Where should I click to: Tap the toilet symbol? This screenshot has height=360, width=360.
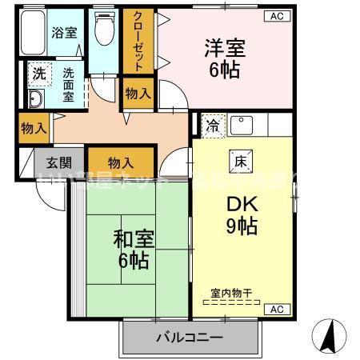point(103,31)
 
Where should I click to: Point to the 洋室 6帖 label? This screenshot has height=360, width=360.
point(224,56)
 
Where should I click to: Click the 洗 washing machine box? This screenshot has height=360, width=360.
point(38,73)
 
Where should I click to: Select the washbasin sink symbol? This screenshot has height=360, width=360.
point(36,99)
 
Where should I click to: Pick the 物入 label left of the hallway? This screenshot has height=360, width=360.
point(32,127)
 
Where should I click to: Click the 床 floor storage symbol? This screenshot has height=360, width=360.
point(240,158)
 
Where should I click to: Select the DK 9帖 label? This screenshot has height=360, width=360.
point(239,214)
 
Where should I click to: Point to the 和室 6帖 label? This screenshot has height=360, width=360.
point(131,248)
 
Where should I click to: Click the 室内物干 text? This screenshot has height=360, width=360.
point(231,294)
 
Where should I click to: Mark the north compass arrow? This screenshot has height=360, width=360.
point(329,335)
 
